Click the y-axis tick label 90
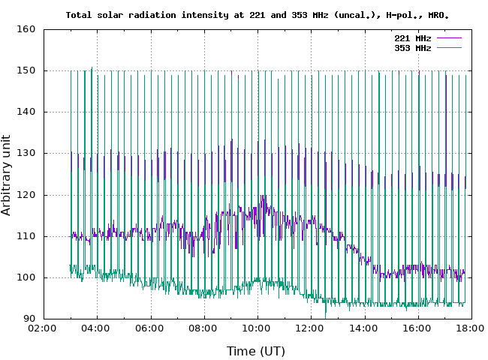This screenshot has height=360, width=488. coord(30,319)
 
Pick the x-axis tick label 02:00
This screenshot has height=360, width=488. coord(44,328)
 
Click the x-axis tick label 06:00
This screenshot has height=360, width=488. coord(150,328)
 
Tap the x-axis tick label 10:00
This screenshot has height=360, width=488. coord(257,328)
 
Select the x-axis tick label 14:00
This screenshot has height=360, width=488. coord(364,328)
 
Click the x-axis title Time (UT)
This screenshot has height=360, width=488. coord(256,350)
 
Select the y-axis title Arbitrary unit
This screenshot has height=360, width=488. coord(7,175)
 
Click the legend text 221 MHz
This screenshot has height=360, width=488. coord(412,37)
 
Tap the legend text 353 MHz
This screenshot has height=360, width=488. coord(412,48)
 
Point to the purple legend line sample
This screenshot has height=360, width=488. coord(447,37)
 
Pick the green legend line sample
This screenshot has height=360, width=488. coord(447,48)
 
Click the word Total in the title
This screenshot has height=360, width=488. coord(79,14)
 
